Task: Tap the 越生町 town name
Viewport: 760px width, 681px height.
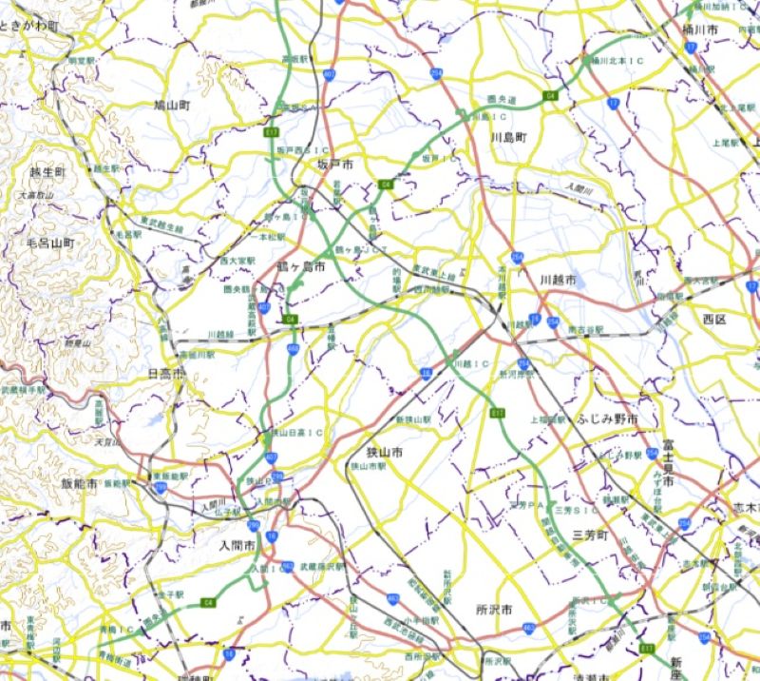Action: tap(47, 172)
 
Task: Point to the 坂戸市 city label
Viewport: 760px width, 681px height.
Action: tap(334, 165)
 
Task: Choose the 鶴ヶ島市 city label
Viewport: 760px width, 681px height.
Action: tap(301, 268)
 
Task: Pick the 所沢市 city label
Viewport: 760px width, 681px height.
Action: tap(495, 608)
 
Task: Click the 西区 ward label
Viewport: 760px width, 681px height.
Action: tap(714, 317)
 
